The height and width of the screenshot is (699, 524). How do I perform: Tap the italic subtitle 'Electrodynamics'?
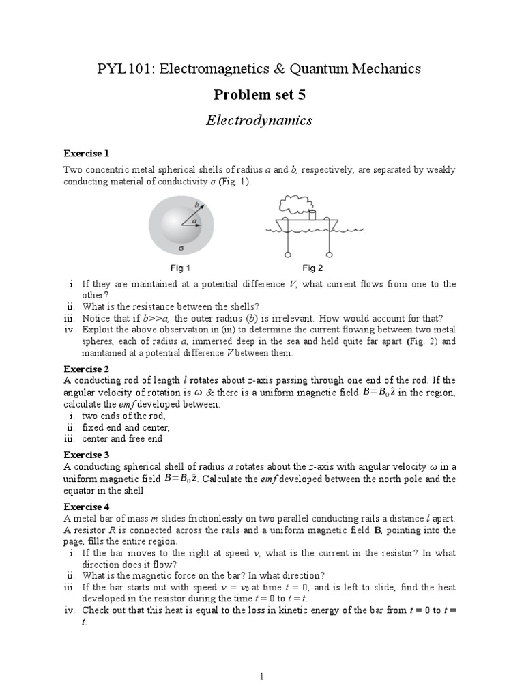click(x=259, y=121)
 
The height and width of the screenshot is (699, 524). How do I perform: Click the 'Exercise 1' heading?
click(x=87, y=153)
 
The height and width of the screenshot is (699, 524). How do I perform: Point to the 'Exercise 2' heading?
click(x=87, y=369)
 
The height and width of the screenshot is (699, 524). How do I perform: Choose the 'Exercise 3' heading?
click(x=87, y=455)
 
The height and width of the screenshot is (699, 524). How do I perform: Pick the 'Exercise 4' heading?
click(x=87, y=507)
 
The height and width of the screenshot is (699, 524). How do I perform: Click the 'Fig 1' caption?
click(x=180, y=268)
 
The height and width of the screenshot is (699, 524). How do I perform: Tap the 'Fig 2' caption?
click(x=312, y=268)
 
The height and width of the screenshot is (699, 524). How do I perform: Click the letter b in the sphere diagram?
click(x=197, y=205)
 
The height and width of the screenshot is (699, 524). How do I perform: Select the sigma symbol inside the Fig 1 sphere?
click(x=180, y=249)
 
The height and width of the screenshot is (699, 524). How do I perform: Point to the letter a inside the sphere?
click(x=194, y=220)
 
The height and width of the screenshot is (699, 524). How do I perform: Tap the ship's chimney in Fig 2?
click(x=312, y=214)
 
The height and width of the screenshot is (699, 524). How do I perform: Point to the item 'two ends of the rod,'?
click(x=123, y=415)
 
